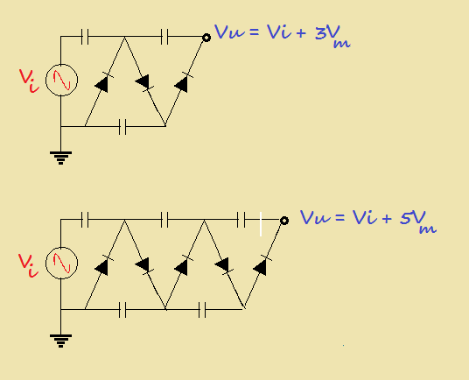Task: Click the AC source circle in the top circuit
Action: coord(61,81)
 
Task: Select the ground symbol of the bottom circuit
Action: coord(61,340)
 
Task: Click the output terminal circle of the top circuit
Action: coord(206,37)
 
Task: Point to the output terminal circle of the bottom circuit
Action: coord(284,220)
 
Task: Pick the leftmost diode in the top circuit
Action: coord(102,84)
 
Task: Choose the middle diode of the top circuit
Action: coord(143,83)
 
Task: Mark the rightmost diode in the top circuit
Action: coord(183,84)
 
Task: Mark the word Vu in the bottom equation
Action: coord(313,217)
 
